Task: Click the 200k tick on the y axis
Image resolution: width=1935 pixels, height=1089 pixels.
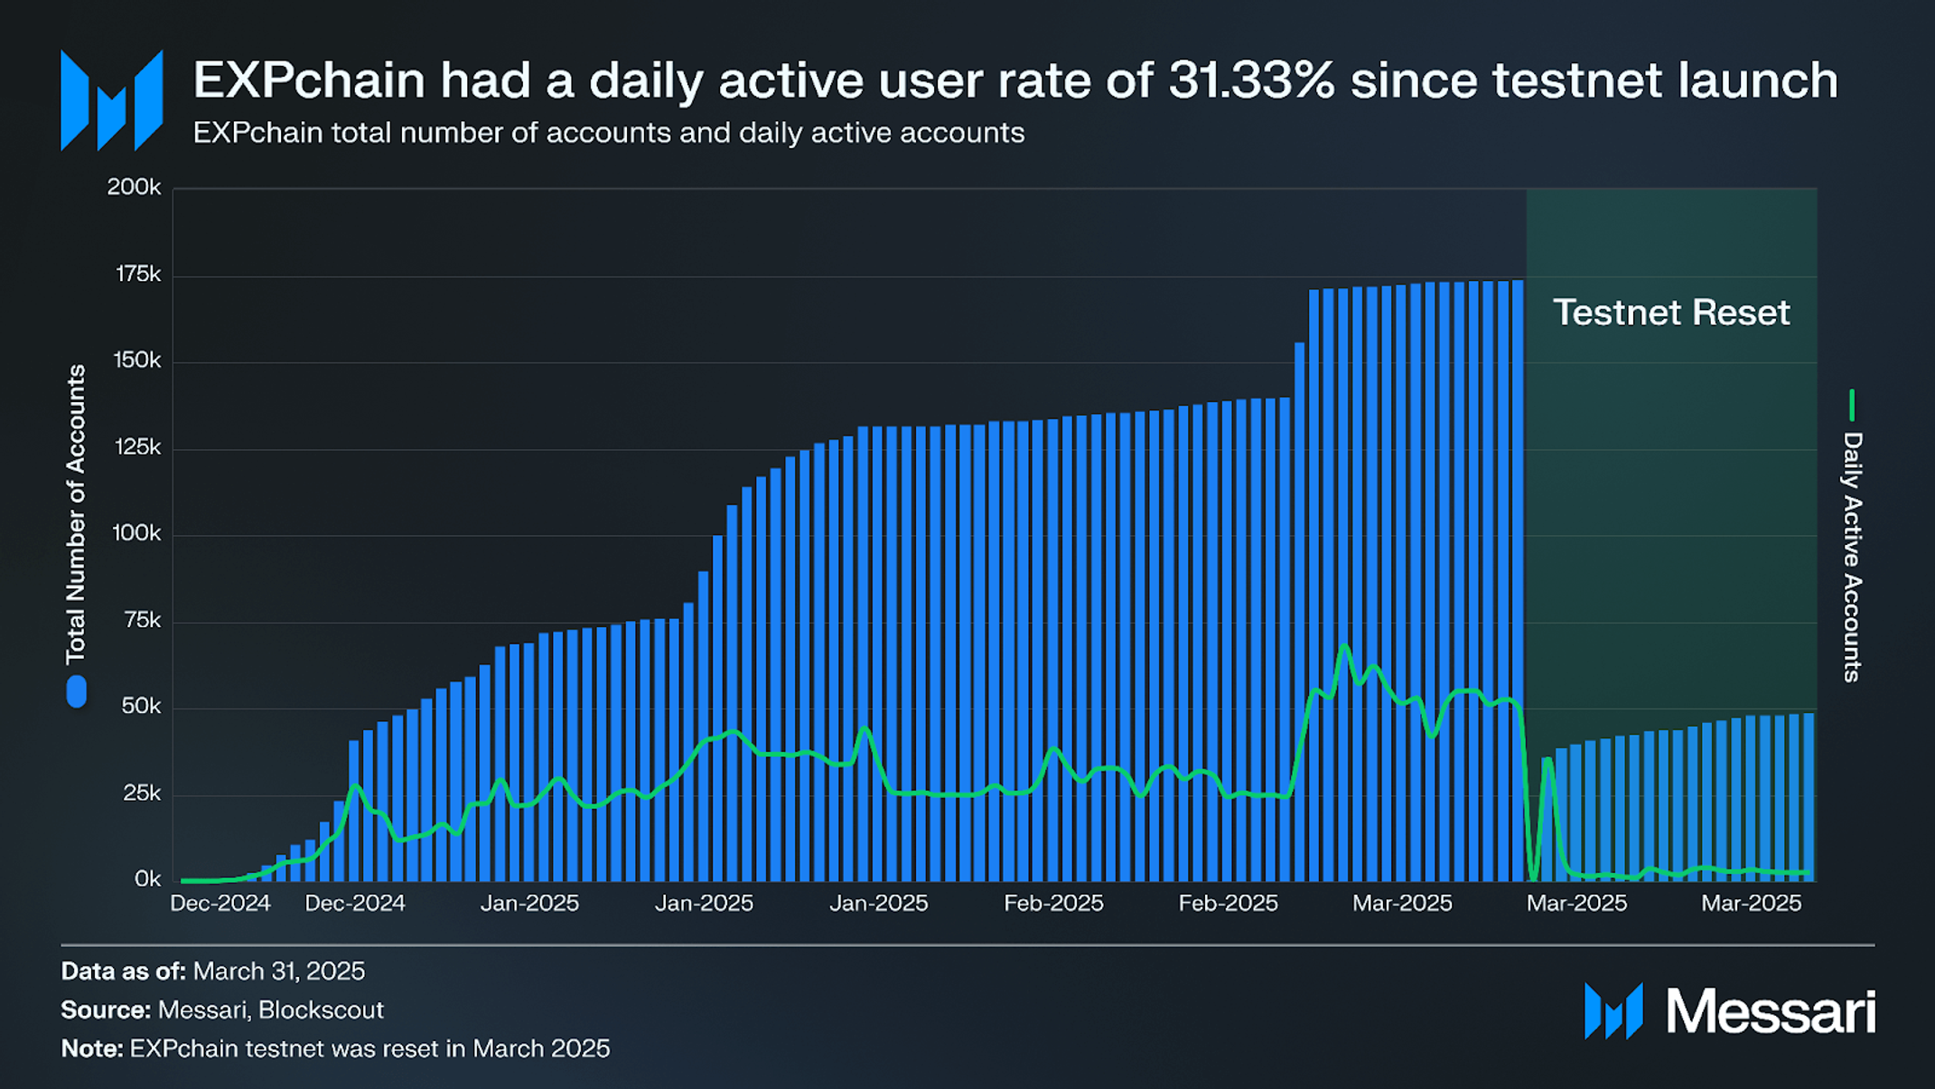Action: pos(134,187)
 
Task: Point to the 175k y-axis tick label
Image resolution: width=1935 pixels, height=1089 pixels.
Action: pos(137,274)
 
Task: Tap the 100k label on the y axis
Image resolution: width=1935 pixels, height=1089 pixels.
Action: pos(136,533)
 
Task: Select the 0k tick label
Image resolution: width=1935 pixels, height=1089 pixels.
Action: pos(147,878)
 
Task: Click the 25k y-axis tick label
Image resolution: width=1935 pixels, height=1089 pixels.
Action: pos(141,793)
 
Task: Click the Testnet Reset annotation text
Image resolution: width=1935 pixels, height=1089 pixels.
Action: pos(1670,313)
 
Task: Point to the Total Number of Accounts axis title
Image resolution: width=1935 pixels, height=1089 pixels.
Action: pos(76,513)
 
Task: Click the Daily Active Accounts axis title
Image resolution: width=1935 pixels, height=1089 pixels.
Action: pos(1852,557)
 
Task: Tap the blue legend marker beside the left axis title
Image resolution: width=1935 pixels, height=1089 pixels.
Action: pos(77,691)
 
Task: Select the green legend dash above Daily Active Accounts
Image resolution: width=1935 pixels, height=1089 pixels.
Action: pos(1852,405)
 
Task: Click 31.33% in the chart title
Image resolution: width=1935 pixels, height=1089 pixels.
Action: pos(1251,80)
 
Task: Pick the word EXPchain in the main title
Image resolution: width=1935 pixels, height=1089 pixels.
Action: pos(308,80)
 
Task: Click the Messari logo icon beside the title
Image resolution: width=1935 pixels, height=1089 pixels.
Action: pos(111,100)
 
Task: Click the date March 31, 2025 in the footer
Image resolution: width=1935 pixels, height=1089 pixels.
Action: pos(278,972)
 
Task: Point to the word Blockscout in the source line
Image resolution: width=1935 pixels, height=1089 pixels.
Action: pos(321,1010)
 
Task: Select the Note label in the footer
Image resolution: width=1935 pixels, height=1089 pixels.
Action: pos(91,1049)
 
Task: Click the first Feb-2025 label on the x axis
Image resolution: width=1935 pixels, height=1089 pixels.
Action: pos(1053,904)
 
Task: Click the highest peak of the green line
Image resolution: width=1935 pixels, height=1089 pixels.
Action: pos(1344,645)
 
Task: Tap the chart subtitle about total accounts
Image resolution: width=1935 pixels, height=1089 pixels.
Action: pos(608,133)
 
